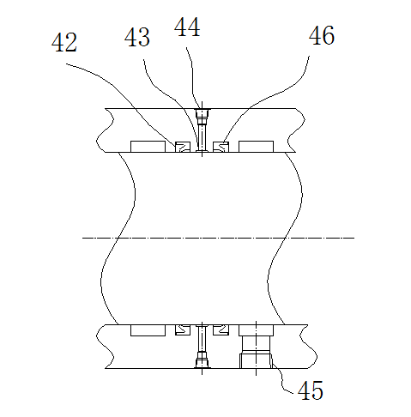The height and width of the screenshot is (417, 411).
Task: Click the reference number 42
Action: (x=64, y=42)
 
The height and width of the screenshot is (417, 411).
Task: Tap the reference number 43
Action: (x=137, y=37)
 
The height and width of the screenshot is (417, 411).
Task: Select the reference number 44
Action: (x=187, y=27)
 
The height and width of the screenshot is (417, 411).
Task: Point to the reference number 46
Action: (x=322, y=35)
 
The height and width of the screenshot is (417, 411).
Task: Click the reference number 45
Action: (x=311, y=390)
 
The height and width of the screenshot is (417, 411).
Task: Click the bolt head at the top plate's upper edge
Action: (x=202, y=114)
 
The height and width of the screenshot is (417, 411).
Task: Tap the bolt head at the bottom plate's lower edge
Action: (x=202, y=363)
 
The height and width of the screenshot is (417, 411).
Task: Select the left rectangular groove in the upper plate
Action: (x=148, y=147)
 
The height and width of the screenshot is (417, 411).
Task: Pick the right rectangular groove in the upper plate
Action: (x=256, y=147)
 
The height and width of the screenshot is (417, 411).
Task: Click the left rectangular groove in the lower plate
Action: (x=148, y=330)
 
